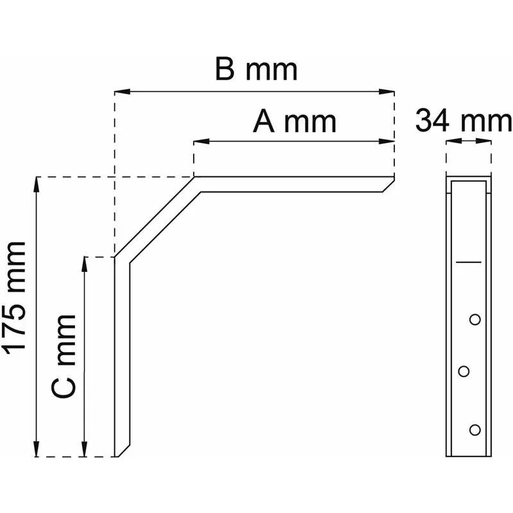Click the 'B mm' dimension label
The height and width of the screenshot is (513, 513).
pyautogui.click(x=256, y=69)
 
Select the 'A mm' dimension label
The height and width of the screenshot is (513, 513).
pyautogui.click(x=294, y=122)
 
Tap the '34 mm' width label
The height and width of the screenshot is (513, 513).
pyautogui.click(x=463, y=121)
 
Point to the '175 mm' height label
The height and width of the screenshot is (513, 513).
pyautogui.click(x=14, y=299)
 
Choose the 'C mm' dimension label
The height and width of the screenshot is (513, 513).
pyautogui.click(x=63, y=357)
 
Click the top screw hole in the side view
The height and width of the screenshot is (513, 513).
pyautogui.click(x=475, y=319)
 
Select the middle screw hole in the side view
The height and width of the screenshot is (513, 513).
pyautogui.click(x=464, y=371)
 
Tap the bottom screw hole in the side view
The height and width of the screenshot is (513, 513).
pyautogui.click(x=475, y=430)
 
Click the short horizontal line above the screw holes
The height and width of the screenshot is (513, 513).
pyautogui.click(x=469, y=262)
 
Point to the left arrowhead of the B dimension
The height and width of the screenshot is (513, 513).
pyautogui.click(x=122, y=92)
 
